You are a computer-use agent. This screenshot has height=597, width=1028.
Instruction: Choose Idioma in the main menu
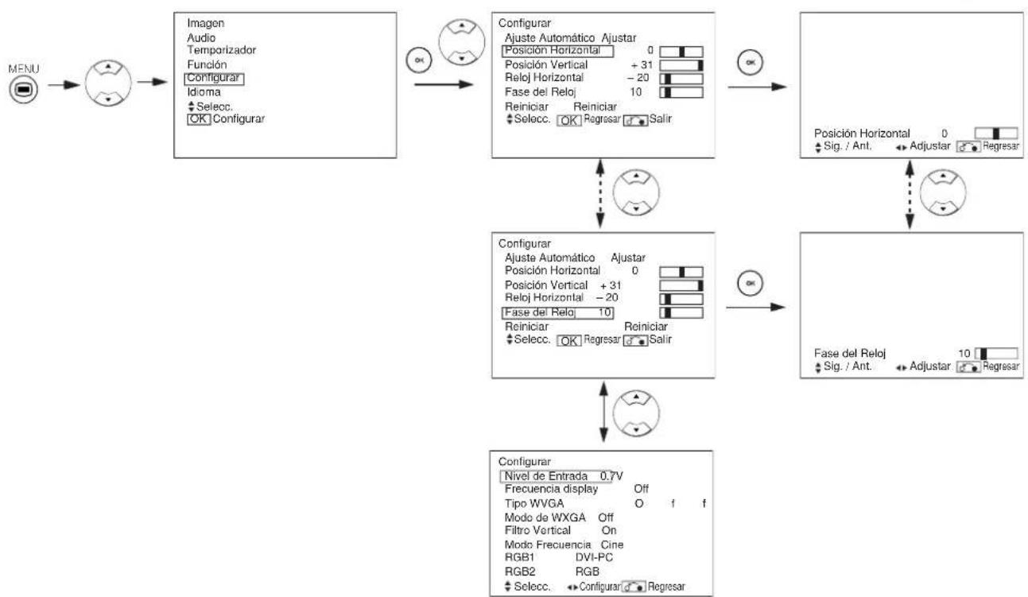204,92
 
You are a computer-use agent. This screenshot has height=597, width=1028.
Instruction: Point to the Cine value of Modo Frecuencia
613,545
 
